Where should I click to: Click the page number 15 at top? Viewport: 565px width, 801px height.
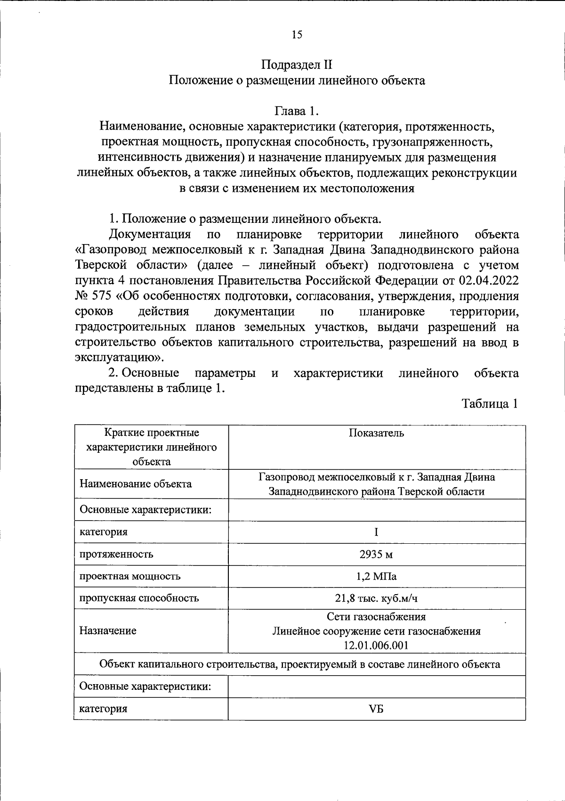297,34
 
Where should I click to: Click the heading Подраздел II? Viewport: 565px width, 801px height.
297,65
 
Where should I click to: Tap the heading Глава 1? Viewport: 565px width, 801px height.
297,111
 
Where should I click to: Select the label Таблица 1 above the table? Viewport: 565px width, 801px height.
490,404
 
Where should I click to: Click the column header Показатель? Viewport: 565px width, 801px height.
376,433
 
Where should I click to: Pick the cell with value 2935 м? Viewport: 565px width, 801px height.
376,554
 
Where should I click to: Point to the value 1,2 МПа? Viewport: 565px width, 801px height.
376,576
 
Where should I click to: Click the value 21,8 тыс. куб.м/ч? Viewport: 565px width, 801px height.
376,598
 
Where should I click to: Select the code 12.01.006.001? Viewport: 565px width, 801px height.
376,645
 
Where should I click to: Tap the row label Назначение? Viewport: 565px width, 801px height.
108,631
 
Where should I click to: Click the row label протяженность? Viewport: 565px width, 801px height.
116,554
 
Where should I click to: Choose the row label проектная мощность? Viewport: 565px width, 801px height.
130,576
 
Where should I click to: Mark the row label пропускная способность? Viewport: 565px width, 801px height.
139,598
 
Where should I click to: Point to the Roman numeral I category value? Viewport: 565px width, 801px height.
376,532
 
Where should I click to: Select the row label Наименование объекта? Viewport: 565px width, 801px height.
136,484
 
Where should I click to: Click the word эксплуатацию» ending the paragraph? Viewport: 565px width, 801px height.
119,358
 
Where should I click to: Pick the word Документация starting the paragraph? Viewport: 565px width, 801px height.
150,234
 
